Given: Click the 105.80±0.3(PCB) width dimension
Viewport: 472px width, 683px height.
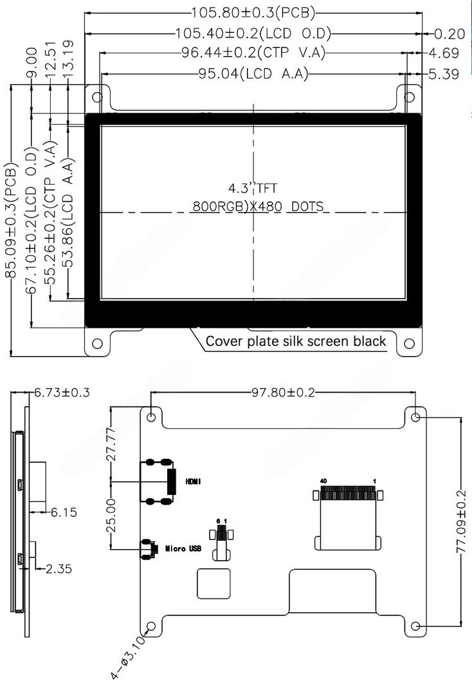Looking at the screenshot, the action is (253, 13).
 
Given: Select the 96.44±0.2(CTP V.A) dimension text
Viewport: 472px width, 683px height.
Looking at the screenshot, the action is (253, 53).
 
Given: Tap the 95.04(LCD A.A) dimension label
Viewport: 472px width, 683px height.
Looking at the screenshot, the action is (253, 73).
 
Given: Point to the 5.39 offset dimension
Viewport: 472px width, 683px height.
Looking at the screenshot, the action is (444, 74).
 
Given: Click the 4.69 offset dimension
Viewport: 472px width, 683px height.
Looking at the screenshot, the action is (444, 53).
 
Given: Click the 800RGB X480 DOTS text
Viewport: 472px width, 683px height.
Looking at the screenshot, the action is (259, 206).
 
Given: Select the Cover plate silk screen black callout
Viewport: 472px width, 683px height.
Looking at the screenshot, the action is (296, 341).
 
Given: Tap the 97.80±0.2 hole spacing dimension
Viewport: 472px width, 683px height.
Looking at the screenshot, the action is (283, 393).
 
